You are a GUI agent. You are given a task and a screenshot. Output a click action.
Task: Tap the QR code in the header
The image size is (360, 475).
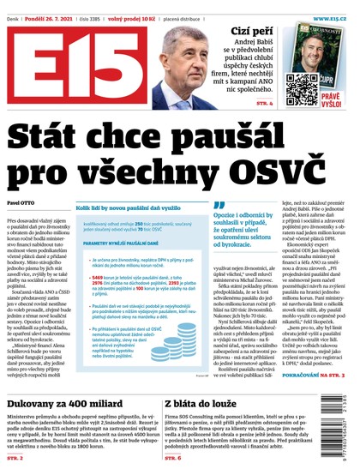click(300, 86)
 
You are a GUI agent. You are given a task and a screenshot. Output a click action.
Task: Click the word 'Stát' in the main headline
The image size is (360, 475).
click(53, 137)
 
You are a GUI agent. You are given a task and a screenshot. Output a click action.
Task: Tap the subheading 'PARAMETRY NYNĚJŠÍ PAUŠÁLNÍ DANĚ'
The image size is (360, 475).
click(120, 243)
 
